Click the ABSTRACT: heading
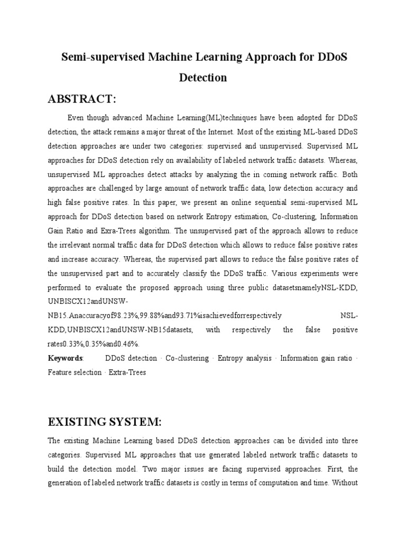pos(82,100)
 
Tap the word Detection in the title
pos(203,78)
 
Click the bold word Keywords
pos(66,358)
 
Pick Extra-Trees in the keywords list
pos(127,372)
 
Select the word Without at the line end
pos(345,483)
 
